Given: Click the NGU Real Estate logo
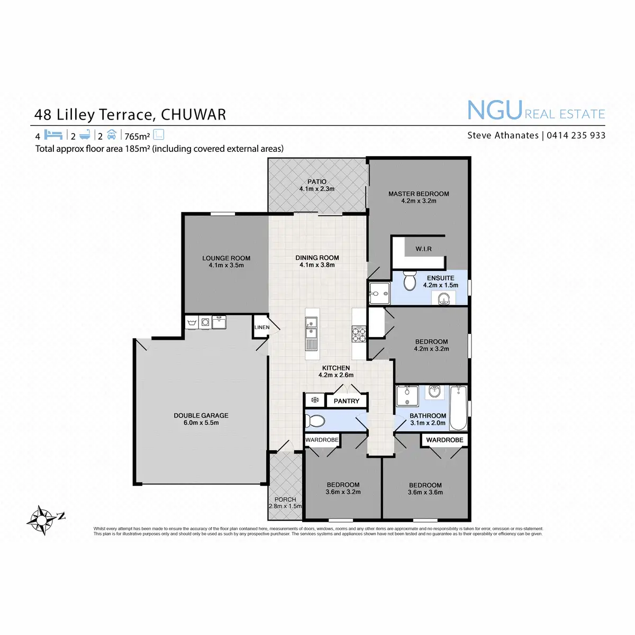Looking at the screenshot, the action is click(x=536, y=111).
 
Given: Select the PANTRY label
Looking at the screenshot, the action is click(x=346, y=401).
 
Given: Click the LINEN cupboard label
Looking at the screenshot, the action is click(x=261, y=328).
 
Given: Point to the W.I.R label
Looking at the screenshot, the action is click(x=423, y=249).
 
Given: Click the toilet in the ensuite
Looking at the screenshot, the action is click(x=410, y=281).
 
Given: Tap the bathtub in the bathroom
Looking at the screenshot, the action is click(x=458, y=408).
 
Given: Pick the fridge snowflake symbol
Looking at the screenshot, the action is click(x=314, y=400).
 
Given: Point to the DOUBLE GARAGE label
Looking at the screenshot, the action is click(x=201, y=415).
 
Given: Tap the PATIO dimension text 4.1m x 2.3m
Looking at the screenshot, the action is click(x=317, y=189).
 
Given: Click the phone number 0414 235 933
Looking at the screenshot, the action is click(x=576, y=135).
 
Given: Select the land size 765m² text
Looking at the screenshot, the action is click(x=137, y=137).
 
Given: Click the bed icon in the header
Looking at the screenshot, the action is click(x=53, y=135).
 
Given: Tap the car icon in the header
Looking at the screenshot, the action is click(x=111, y=134).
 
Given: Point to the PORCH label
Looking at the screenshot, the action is click(x=285, y=500).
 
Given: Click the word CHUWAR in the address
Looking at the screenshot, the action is click(x=193, y=115).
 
